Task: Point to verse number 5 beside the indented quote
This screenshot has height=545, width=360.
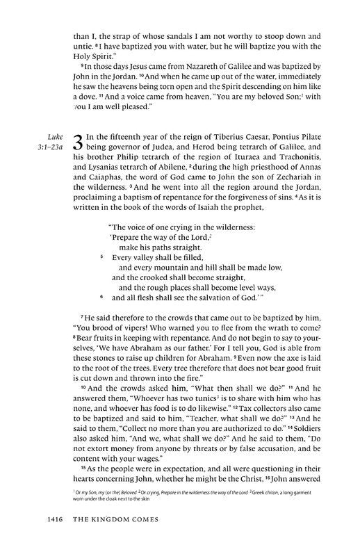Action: [101, 256]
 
